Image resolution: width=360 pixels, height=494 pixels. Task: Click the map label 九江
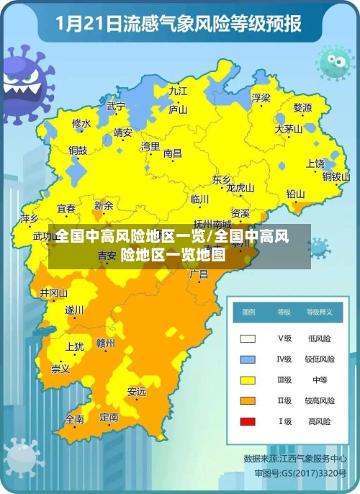point(178,91)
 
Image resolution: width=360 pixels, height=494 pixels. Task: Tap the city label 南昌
point(173,153)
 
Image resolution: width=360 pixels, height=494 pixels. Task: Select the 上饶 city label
point(316,164)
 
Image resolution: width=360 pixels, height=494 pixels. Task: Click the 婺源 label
point(302,108)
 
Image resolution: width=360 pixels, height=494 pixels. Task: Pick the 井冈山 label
point(53,293)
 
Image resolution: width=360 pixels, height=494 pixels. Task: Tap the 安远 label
point(136,392)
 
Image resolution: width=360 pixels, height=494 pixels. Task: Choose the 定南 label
point(109,417)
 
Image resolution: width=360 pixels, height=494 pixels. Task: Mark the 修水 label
point(81,124)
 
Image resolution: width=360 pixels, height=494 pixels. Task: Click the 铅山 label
point(295,194)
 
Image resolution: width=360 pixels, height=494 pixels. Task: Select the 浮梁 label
point(261,97)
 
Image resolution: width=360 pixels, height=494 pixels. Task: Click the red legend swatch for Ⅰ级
point(248,421)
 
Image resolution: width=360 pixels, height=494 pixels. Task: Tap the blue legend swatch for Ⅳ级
point(248,359)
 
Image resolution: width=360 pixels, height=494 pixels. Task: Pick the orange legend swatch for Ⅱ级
point(248,400)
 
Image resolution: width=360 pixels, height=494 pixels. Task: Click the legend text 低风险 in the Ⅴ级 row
point(319,338)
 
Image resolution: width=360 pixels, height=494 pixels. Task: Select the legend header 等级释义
point(319,313)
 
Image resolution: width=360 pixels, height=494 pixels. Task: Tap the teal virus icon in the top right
point(335,61)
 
